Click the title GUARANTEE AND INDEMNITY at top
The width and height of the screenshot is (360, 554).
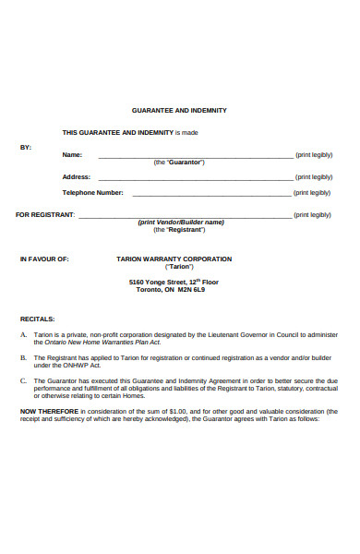point(179,110)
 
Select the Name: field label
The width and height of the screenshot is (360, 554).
point(72,154)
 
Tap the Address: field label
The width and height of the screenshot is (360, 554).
point(76,176)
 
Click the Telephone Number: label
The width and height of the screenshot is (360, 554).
point(92,192)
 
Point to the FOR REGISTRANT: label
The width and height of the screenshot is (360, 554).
point(46,214)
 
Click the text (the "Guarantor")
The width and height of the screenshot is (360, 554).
point(179,163)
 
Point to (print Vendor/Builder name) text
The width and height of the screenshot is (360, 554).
point(181,223)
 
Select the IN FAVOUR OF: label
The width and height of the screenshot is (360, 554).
point(44,259)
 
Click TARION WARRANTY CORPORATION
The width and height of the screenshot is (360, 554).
point(180,259)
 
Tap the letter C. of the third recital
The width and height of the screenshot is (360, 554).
point(23,379)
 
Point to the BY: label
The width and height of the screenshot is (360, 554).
point(26,147)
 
